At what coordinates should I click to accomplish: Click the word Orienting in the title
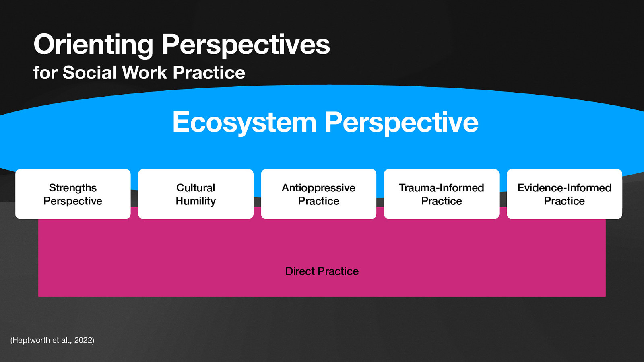93,45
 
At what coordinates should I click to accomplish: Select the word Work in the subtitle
144,73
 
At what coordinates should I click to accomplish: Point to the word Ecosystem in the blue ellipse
244,122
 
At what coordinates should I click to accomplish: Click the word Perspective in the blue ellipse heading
401,122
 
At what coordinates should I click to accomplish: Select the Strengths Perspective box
73,194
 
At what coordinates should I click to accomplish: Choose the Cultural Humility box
196,194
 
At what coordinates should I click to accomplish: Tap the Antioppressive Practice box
318,194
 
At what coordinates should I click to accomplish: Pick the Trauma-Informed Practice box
442,194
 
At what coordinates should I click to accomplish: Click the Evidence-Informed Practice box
564,194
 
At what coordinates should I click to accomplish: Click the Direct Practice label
322,271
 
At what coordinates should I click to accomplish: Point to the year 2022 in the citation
83,340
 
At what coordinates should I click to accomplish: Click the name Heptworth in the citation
31,340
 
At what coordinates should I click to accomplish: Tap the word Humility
196,201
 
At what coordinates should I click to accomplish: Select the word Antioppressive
318,188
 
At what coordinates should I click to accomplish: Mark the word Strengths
73,188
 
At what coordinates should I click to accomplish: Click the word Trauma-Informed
442,188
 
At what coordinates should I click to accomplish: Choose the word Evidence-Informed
564,188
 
